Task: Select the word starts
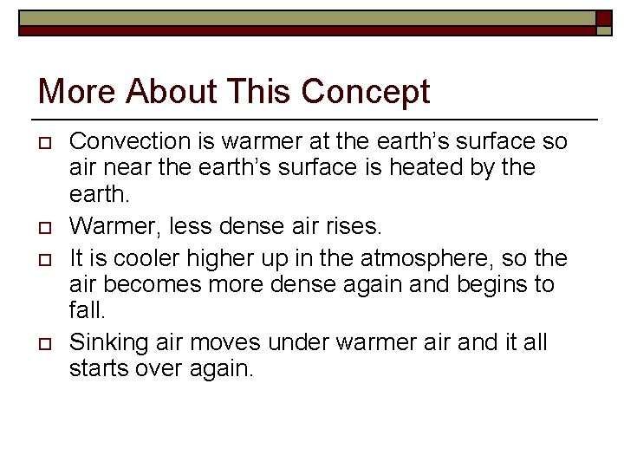pos(97,369)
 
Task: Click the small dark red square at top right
pos(604,20)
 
